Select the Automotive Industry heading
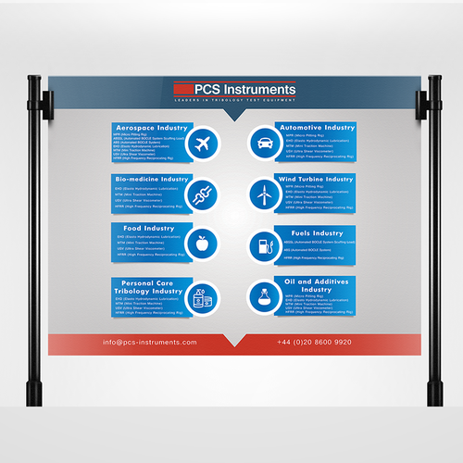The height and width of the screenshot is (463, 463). [x=316, y=127]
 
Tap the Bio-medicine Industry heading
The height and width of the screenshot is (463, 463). [x=150, y=177]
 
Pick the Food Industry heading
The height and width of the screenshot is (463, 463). [x=141, y=228]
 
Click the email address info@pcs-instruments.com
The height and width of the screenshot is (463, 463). [x=150, y=342]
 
